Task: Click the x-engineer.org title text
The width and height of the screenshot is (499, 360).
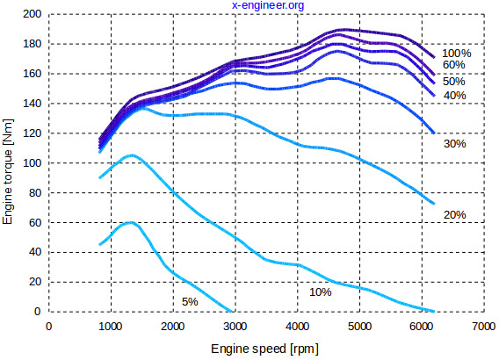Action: click(x=267, y=6)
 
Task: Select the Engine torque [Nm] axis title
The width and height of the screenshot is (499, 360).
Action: click(x=8, y=163)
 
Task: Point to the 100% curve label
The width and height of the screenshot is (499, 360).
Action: click(x=457, y=53)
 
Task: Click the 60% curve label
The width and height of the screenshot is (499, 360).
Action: click(x=453, y=65)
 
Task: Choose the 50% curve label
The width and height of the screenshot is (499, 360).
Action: click(x=453, y=81)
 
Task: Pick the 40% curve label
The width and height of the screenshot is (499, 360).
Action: click(x=453, y=95)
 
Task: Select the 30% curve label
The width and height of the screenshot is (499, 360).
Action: click(x=453, y=143)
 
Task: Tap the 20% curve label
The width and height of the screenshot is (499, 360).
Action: click(x=453, y=214)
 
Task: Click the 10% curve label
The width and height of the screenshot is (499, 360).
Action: click(x=320, y=292)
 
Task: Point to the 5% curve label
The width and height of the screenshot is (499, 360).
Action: click(x=190, y=301)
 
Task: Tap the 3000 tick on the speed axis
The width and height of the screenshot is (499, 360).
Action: click(x=235, y=326)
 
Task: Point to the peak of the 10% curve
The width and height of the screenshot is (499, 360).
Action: click(x=132, y=155)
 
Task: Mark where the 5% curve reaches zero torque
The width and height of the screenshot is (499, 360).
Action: click(x=232, y=311)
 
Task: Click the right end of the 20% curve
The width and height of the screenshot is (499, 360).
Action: click(x=434, y=204)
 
